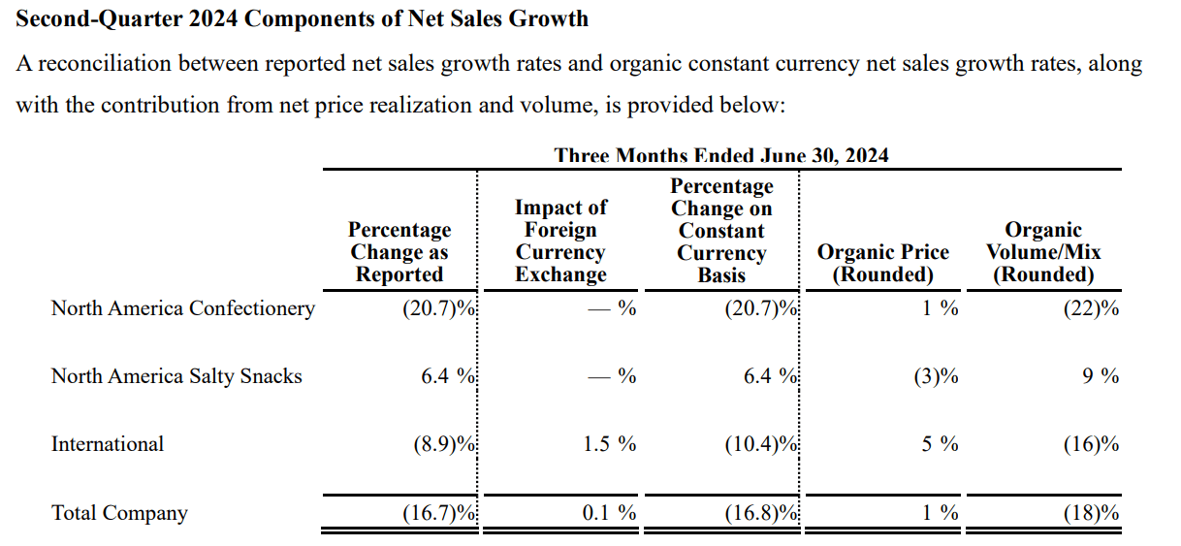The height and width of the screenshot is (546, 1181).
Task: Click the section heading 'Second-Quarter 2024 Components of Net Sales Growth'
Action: (x=302, y=18)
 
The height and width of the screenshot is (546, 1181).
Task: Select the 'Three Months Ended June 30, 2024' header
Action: (x=721, y=155)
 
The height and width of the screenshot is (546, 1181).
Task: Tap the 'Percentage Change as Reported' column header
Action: (x=399, y=252)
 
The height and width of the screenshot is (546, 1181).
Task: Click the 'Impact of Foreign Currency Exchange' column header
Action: (x=560, y=241)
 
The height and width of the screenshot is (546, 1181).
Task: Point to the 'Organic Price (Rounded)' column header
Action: (x=882, y=263)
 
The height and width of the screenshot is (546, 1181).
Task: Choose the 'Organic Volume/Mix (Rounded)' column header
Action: (x=1043, y=252)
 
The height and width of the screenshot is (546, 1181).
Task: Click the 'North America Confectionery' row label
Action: (x=182, y=308)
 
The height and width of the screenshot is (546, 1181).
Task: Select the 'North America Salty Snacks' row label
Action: (x=176, y=376)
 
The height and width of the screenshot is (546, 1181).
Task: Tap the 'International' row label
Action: (x=108, y=444)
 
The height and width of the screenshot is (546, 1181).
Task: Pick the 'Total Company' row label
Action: (x=119, y=513)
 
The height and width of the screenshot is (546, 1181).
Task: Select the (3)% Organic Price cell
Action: (x=935, y=376)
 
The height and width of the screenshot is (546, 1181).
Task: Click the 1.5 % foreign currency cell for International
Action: (x=609, y=444)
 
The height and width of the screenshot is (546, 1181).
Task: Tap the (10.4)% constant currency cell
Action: (x=760, y=444)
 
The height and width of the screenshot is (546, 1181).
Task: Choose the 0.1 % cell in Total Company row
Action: (x=609, y=513)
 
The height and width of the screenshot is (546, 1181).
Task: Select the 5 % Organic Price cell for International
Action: (x=940, y=444)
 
